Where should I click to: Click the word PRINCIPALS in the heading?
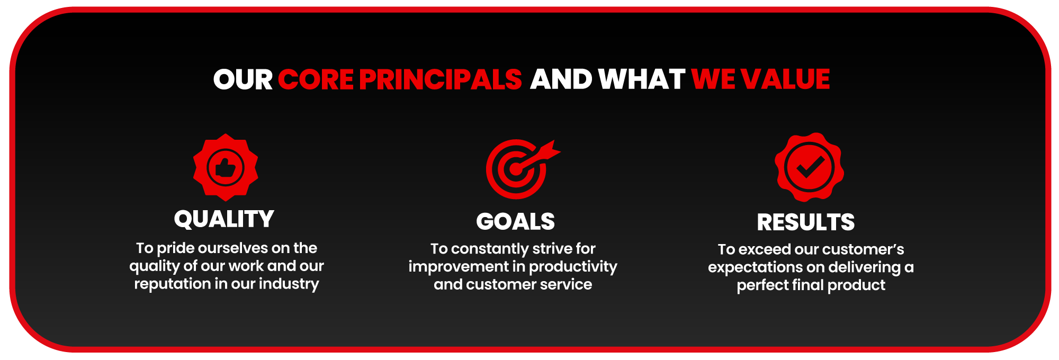[x=441, y=79]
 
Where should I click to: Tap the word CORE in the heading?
[x=316, y=79]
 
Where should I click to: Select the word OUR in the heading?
[x=243, y=79]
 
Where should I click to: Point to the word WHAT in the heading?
[x=642, y=79]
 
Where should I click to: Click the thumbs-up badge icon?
[x=226, y=167]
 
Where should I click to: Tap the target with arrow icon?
[x=522, y=169]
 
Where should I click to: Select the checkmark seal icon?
[x=809, y=167]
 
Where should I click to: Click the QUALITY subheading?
[x=224, y=219]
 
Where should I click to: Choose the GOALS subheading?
[x=515, y=221]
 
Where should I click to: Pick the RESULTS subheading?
[x=806, y=222]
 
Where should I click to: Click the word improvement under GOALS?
[x=458, y=267]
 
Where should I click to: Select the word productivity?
[x=573, y=267]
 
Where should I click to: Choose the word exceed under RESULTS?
[x=764, y=249]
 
